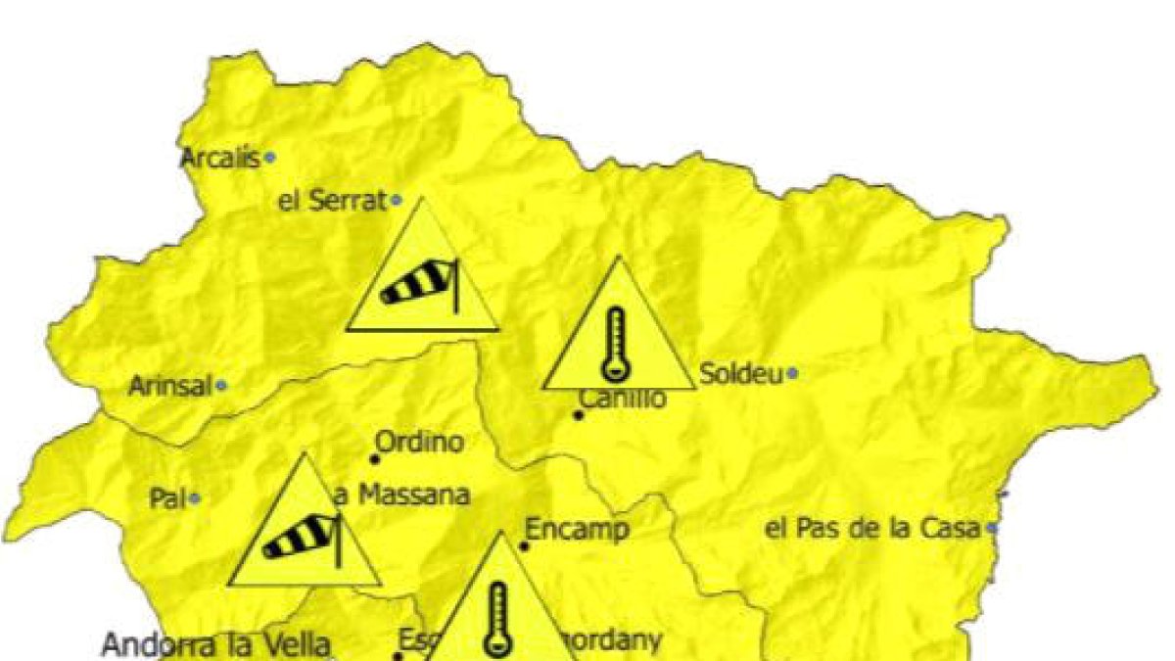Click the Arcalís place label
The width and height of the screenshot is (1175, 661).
coord(220,158)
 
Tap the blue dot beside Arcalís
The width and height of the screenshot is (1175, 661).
coord(270,157)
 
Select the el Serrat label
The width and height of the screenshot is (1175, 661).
coord(333,202)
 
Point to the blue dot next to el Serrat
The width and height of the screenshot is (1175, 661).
coord(397,201)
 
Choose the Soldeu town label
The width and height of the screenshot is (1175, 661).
coord(741,373)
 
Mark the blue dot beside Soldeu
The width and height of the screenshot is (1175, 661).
coord(792,373)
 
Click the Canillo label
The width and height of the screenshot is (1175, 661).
coord(623,399)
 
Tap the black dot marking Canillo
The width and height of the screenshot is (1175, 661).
coord(579,415)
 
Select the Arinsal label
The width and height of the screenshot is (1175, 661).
coord(170,387)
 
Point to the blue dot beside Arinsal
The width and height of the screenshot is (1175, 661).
coord(222,387)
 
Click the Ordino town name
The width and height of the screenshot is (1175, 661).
coord(420,442)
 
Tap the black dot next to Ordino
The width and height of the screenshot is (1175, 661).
coord(374,458)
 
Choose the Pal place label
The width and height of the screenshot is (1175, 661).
coord(167,498)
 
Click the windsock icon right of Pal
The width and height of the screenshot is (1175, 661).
coord(304,539)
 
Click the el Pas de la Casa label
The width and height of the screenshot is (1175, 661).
coord(872,529)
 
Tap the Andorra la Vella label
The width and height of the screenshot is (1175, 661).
coord(216,645)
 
